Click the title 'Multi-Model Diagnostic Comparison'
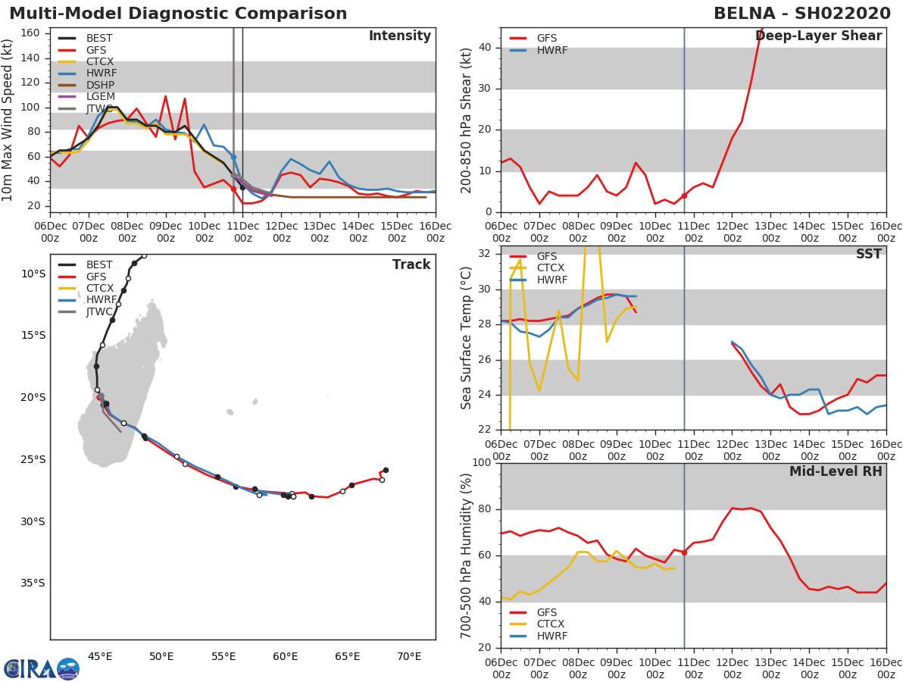click(178, 14)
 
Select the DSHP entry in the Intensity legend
click(100, 85)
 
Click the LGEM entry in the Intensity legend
click(100, 96)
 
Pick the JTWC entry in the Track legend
click(99, 311)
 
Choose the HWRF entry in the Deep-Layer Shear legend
click(551, 50)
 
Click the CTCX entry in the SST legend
click(551, 267)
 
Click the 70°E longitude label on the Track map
click(409, 656)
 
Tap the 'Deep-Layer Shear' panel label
click(818, 36)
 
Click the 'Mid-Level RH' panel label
click(836, 471)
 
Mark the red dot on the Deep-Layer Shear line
click(684, 196)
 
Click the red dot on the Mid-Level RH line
click(684, 552)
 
